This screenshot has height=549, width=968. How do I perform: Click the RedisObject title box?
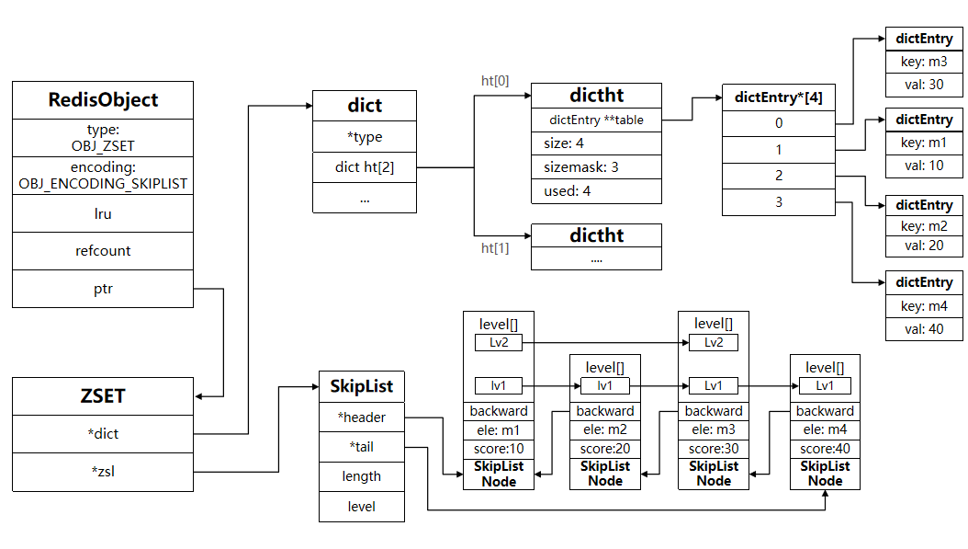[x=103, y=100]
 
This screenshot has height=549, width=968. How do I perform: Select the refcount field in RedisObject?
[x=103, y=250]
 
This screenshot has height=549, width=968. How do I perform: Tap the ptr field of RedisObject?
[x=103, y=288]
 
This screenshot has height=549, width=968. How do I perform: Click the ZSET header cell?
[x=103, y=396]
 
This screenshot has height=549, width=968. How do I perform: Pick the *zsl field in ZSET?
[x=103, y=472]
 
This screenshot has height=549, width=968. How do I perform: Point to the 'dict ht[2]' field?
[x=365, y=167]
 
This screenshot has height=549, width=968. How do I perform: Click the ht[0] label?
[x=495, y=81]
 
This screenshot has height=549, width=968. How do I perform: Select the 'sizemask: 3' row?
[x=596, y=167]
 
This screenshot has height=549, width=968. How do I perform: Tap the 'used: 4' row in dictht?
[x=596, y=191]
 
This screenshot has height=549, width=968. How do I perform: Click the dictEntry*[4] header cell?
[x=778, y=97]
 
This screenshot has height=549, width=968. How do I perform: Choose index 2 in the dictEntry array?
[x=778, y=176]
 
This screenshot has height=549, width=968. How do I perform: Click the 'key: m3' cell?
[x=924, y=63]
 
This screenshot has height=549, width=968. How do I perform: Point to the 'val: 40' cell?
[x=924, y=329]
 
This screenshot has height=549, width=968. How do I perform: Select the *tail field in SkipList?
[x=361, y=447]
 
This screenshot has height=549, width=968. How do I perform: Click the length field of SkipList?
[x=361, y=476]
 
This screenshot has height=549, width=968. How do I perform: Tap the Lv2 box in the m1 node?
[x=498, y=342]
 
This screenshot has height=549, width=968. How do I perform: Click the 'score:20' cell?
[x=604, y=449]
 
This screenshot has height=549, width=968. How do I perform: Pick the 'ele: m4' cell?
[x=825, y=429]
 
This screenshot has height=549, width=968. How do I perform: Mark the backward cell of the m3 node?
[x=713, y=411]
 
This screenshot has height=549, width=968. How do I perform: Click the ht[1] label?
[x=495, y=248]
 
